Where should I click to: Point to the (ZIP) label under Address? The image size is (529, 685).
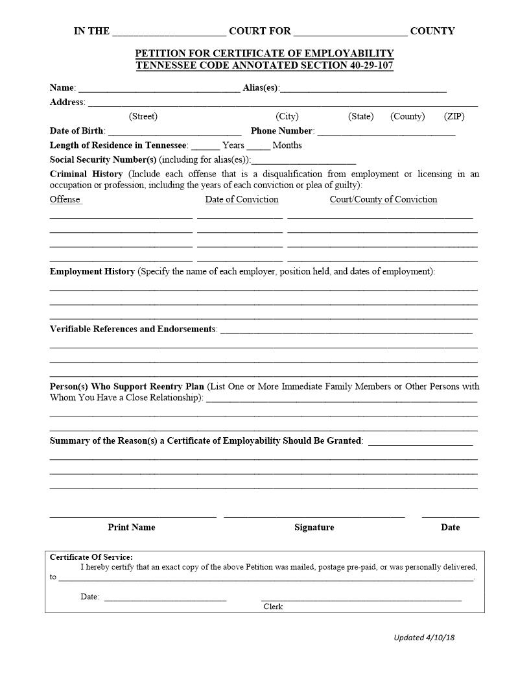coord(454,117)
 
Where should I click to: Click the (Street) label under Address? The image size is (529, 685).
coord(143,117)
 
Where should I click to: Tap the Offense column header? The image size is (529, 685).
coord(65,200)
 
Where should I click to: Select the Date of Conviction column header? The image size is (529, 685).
coord(242,200)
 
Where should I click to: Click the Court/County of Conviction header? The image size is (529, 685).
coord(383,200)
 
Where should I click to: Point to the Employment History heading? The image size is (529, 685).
coord(92,272)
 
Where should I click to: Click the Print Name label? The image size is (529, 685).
coord(132,527)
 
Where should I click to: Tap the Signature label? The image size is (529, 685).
coord(314,527)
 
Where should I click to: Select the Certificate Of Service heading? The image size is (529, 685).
coord(91,557)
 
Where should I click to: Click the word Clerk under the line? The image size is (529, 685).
coord(273,607)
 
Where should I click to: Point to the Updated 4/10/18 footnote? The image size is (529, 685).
coord(424,638)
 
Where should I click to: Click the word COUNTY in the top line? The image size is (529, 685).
coord(432,31)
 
